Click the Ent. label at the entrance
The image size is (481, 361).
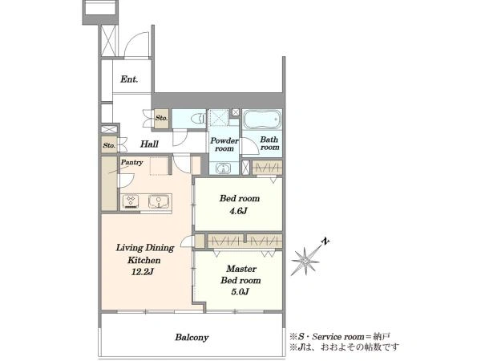129,79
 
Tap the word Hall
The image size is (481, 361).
149,144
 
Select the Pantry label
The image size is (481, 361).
131,162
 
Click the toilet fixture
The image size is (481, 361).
198,119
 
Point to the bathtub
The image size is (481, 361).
262,119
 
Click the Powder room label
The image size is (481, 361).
224,144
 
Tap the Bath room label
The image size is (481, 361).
269,144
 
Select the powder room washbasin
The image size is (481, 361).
224,168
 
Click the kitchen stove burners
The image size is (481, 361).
131,201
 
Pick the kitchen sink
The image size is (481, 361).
158,201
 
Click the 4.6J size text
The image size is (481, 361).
238,211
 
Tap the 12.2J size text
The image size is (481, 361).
143,272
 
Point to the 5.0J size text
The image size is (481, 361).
240,291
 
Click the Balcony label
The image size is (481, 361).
192,338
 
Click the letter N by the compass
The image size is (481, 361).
325,241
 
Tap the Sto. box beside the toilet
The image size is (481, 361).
161,118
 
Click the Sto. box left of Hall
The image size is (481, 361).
109,145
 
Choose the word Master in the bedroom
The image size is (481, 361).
241,269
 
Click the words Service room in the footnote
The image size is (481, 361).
338,337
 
